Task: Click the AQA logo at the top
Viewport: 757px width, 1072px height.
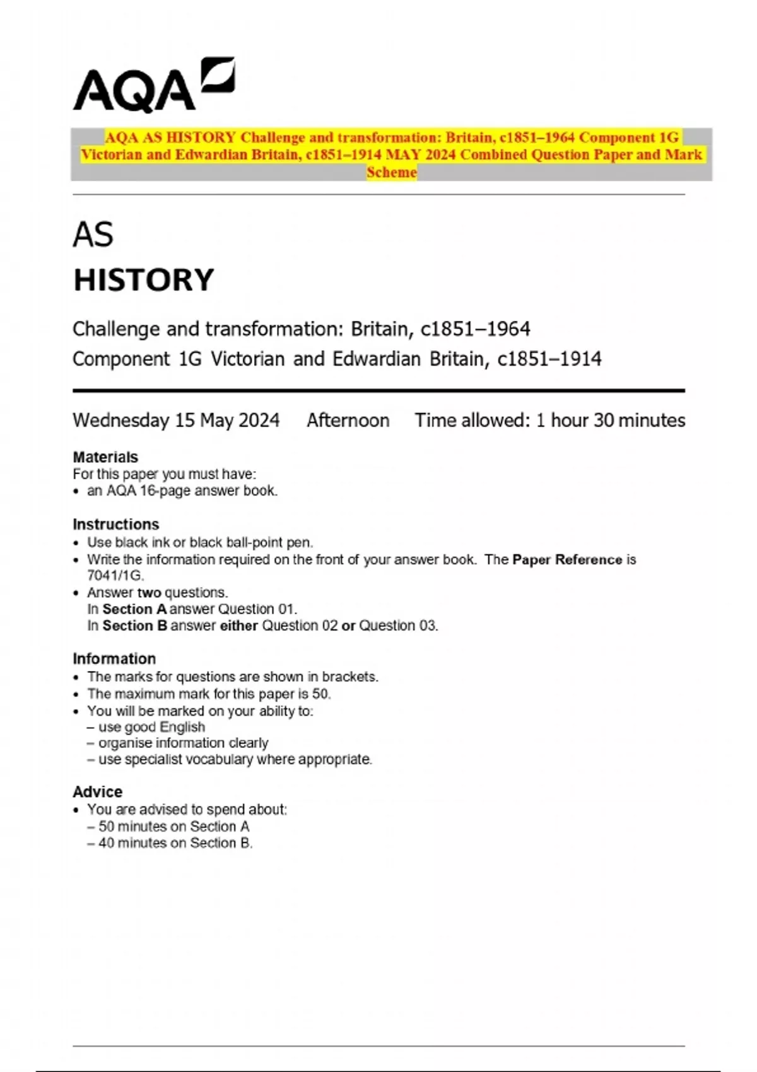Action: click(x=153, y=86)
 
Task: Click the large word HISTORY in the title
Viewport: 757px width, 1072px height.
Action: click(x=144, y=280)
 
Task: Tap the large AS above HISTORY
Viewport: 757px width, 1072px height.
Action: click(x=93, y=235)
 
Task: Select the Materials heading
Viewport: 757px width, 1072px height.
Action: click(x=105, y=457)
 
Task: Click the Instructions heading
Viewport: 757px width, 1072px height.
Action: click(x=116, y=524)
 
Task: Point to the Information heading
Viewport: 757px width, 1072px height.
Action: click(x=114, y=658)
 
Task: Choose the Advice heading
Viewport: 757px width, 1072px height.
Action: click(x=98, y=791)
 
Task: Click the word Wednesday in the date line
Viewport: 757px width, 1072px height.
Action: click(x=121, y=420)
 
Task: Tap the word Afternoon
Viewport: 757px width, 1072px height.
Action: click(x=348, y=420)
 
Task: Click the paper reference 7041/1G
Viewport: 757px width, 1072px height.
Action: click(x=115, y=575)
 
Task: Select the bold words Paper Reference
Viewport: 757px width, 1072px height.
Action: click(x=567, y=559)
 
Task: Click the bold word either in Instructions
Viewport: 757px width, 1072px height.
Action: click(x=238, y=626)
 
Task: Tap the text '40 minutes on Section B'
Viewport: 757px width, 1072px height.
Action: click(x=175, y=842)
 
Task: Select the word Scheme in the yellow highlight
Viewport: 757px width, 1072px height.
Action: click(x=392, y=172)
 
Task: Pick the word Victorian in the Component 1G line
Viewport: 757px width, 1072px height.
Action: click(x=248, y=359)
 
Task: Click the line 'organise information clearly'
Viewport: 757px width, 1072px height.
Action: click(x=183, y=743)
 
